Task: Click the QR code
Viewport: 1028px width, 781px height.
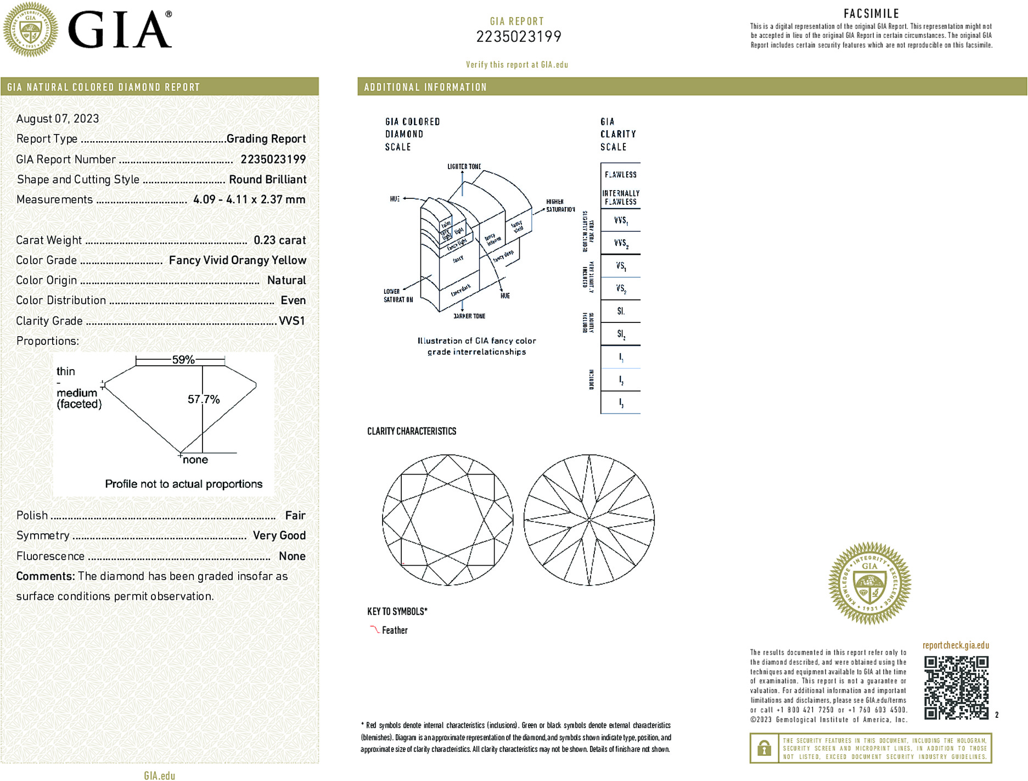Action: tap(956, 687)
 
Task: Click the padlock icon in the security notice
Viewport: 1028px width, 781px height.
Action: tap(763, 748)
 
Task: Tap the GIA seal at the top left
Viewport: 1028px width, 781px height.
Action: tap(30, 29)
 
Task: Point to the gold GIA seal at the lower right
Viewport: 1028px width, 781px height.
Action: tap(869, 583)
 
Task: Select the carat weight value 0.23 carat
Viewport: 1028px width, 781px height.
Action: tap(279, 240)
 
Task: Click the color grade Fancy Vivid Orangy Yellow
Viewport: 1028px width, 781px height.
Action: tap(237, 260)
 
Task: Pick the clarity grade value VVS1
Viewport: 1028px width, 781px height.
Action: tap(291, 321)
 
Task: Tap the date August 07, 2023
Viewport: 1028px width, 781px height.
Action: tap(58, 119)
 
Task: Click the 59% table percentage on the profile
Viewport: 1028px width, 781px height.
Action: tap(183, 360)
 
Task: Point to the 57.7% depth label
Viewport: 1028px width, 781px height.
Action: tap(204, 399)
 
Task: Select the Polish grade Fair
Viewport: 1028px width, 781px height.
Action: tap(295, 515)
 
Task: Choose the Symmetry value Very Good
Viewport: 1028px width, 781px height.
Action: tap(279, 535)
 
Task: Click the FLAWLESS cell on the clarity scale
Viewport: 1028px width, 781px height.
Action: tap(620, 175)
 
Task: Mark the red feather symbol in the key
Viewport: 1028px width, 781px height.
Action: tap(374, 629)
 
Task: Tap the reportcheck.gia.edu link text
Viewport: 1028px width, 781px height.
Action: tap(956, 645)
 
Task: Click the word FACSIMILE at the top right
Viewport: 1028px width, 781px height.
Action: tap(871, 14)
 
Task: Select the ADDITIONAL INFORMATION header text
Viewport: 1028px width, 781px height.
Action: tap(425, 87)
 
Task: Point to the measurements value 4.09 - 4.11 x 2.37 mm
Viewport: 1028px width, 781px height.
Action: tap(249, 199)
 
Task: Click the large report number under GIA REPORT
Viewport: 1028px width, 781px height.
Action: tap(518, 37)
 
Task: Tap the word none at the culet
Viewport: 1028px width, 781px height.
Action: tap(195, 460)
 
